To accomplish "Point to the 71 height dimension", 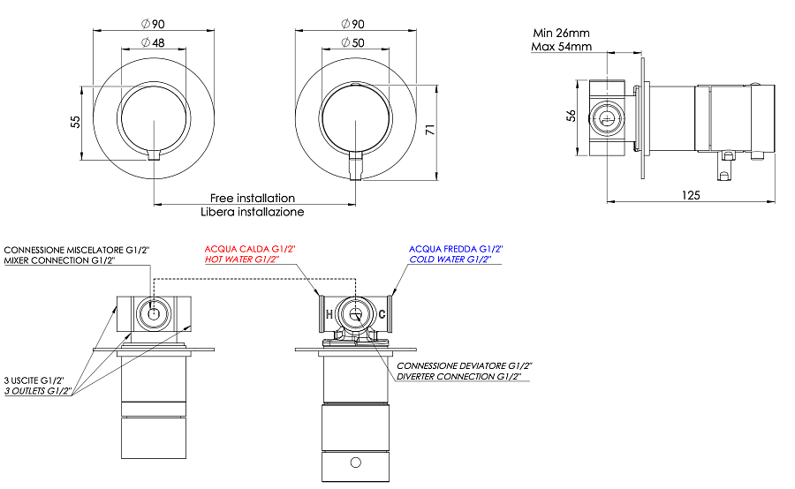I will coord(430,131).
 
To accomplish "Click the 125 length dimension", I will coord(691,194).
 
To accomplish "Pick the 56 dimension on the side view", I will coord(571,117).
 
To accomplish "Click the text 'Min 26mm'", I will coord(561,34).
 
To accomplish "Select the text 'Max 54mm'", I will coord(561,47).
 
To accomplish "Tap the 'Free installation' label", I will coord(252,199).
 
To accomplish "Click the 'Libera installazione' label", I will coord(252,212).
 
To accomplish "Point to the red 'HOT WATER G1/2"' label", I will coord(242,260).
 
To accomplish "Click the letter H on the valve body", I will coord(329,314).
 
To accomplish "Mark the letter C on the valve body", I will coord(382,314).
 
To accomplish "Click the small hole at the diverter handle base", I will coord(355,462).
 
